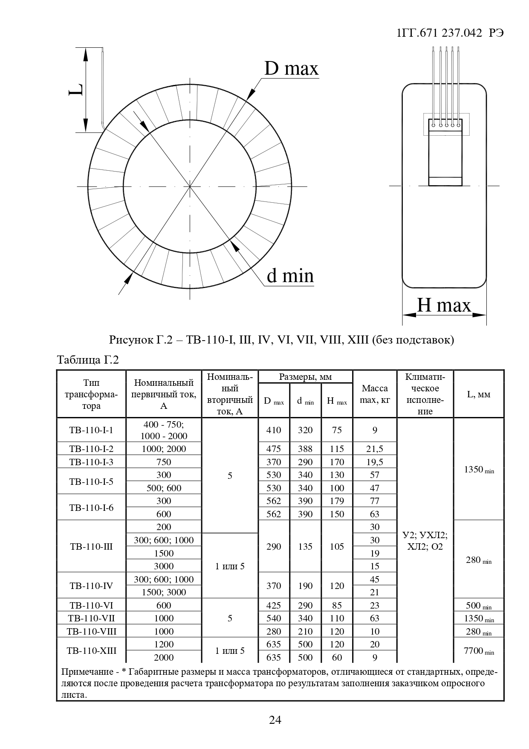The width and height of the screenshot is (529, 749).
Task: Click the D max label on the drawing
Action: (x=291, y=68)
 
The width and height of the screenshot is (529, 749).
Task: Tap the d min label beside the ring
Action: (x=290, y=276)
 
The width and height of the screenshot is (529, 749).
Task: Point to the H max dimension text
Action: (x=444, y=305)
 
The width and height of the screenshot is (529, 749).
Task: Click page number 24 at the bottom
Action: (x=275, y=720)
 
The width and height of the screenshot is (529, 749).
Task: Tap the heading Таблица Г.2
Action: (x=88, y=360)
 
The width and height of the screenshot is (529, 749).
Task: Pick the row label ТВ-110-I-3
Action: (x=91, y=462)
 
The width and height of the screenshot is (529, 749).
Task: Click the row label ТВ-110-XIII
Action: (x=91, y=651)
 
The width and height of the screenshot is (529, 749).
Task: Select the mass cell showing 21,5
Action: (x=375, y=449)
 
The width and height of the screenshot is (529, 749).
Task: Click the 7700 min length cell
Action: (x=479, y=651)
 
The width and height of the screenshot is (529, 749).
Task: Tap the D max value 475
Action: (x=274, y=449)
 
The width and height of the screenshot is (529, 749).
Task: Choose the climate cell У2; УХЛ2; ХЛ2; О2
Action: (x=425, y=541)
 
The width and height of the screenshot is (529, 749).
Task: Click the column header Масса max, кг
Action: (x=375, y=394)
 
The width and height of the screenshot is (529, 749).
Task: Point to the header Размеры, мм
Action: (x=305, y=377)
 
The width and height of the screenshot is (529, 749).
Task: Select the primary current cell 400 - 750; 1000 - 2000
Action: (x=164, y=430)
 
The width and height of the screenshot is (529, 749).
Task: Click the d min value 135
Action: (x=305, y=546)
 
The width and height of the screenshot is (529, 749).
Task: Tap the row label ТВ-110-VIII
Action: (x=91, y=631)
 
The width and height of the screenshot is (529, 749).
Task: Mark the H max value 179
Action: (x=337, y=501)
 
